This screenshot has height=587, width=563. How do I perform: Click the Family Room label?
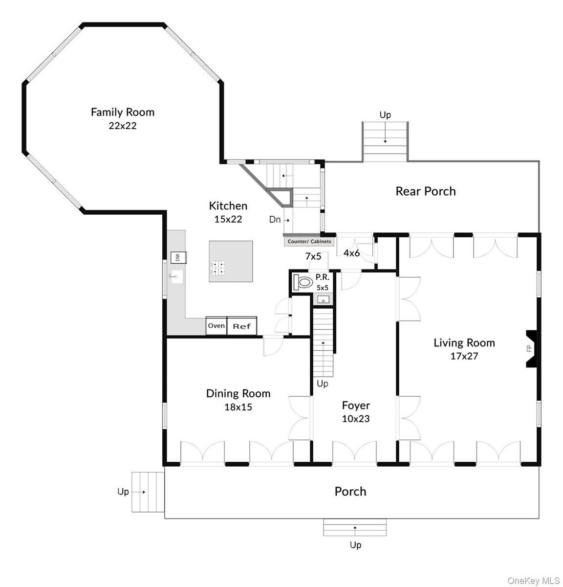(x=123, y=112)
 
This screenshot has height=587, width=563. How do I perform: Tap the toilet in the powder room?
(x=303, y=282)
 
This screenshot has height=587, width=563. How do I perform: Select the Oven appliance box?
(x=216, y=325)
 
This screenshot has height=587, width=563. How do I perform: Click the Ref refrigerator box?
(x=242, y=326)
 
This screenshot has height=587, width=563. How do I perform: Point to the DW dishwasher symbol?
(x=178, y=257)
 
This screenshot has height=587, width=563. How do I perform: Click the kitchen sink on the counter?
(x=176, y=276)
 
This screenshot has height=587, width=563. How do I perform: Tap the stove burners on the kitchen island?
(x=217, y=268)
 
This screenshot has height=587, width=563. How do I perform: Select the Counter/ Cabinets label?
(x=309, y=241)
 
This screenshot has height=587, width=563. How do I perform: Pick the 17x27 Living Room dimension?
(x=464, y=356)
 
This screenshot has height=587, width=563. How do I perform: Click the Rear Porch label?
(x=426, y=191)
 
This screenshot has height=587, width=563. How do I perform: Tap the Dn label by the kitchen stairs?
(x=275, y=220)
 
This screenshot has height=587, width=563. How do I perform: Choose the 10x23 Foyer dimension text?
(x=356, y=419)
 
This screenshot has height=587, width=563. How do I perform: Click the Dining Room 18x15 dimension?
(x=238, y=407)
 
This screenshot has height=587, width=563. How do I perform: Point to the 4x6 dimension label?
(x=351, y=253)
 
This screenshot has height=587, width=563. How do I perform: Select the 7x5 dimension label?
(x=313, y=256)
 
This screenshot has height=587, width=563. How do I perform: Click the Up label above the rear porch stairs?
(x=385, y=115)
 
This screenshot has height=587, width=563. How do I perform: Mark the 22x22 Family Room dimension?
(x=123, y=126)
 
